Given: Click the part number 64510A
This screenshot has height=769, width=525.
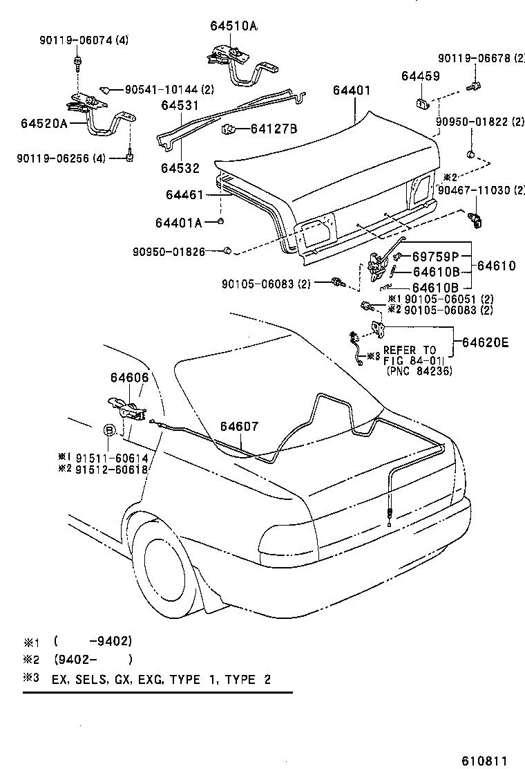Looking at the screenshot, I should (233, 26).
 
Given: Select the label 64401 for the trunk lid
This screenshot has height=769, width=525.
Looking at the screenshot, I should (352, 91).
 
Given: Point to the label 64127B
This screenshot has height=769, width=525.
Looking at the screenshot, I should (274, 129).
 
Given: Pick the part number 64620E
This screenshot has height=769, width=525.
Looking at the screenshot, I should (485, 342).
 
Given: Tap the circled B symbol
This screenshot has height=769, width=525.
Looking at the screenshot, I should (109, 430).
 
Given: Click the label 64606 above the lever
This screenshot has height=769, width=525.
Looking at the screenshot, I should (128, 378).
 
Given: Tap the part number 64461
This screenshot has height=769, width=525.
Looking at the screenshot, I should (184, 195).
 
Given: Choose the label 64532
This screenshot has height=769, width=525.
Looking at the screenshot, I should (180, 167).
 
